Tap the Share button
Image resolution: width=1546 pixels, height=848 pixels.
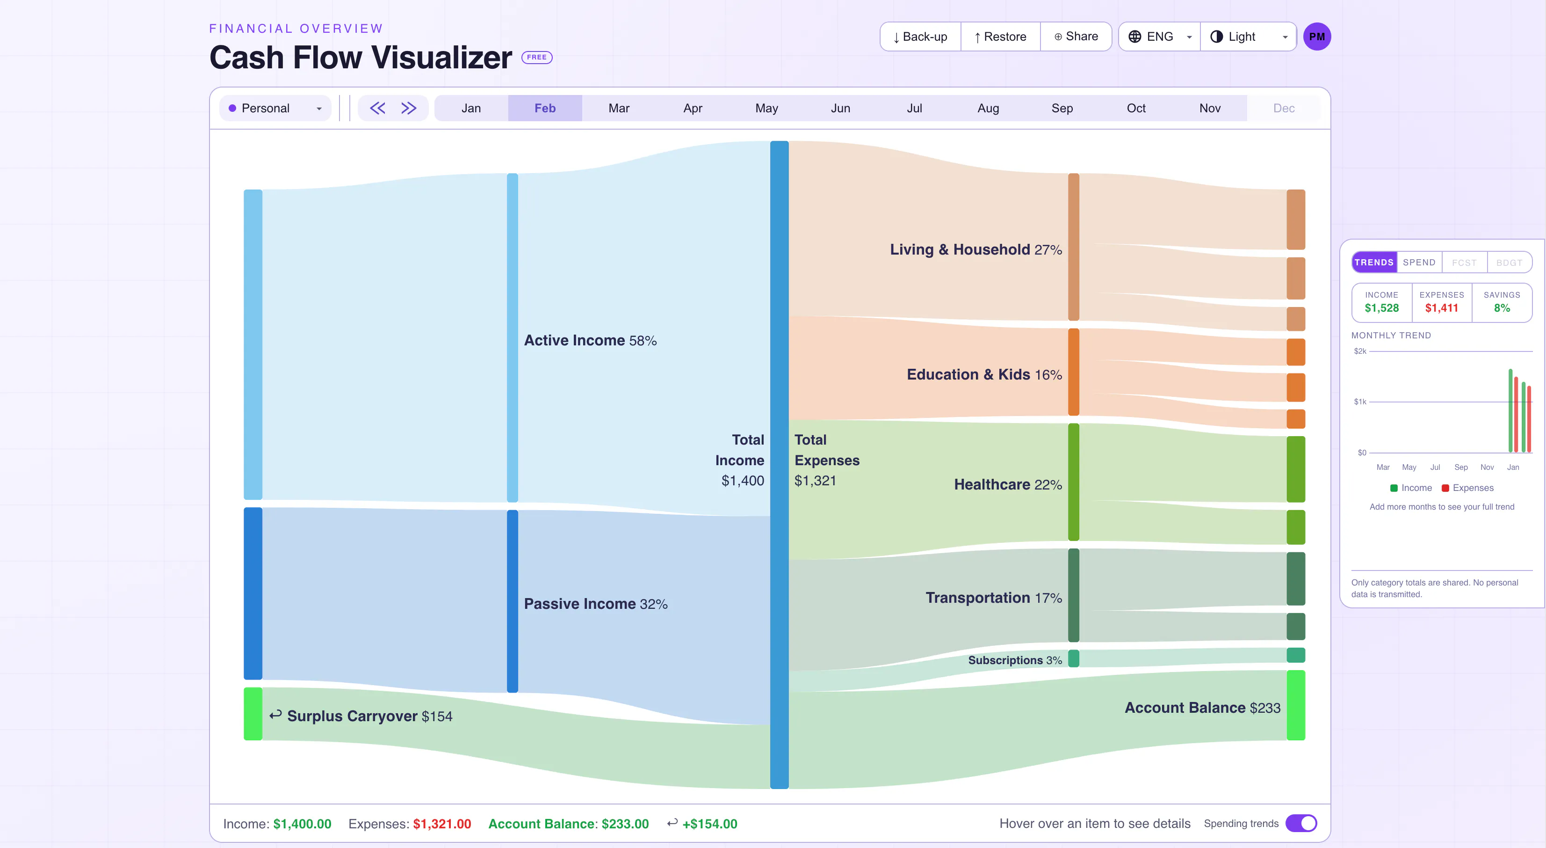(1076, 37)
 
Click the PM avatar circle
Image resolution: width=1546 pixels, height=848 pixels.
(1317, 37)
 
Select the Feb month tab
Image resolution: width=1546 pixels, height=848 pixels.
(545, 108)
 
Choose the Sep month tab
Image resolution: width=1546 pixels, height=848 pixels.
(1062, 108)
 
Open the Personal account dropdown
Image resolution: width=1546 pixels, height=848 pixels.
(275, 108)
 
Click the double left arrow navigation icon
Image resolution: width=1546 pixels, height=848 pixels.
(377, 108)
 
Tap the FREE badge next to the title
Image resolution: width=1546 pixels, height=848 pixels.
(536, 58)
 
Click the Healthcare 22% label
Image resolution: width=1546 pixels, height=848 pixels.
(1008, 485)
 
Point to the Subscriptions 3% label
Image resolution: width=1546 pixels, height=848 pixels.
(1015, 660)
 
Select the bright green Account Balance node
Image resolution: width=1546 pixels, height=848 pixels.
(1296, 705)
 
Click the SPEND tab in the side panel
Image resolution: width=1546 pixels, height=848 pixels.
(1419, 263)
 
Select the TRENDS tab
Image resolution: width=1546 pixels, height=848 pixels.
(1374, 263)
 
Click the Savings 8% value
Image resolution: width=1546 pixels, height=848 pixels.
(1502, 308)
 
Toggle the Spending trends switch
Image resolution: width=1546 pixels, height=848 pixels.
(1301, 823)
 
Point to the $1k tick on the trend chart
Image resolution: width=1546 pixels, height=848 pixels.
(1360, 402)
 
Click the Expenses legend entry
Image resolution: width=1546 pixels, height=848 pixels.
(1467, 488)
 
